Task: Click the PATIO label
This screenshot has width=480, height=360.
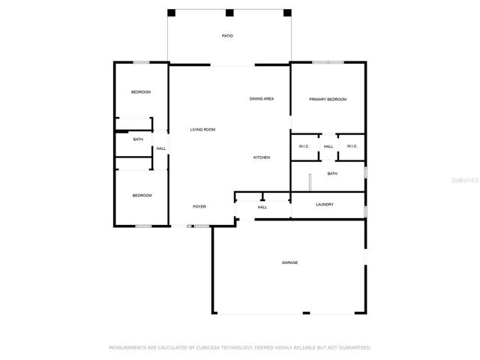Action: (227, 36)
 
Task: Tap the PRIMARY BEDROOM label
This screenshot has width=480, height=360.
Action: (328, 99)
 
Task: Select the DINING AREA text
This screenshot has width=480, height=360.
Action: (262, 98)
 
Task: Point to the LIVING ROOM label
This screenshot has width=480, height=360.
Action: (202, 130)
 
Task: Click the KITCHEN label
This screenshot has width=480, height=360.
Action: (262, 157)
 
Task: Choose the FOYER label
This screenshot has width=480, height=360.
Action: (199, 207)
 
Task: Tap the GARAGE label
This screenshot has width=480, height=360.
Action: (290, 262)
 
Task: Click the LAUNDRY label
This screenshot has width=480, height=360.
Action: (325, 204)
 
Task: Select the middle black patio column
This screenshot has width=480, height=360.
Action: (229, 13)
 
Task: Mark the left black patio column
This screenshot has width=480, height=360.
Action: (172, 13)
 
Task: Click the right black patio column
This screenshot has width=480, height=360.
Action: (287, 13)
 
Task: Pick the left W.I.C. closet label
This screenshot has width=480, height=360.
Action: (304, 146)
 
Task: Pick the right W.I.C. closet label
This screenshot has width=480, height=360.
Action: (352, 146)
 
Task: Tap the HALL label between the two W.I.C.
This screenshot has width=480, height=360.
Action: (328, 146)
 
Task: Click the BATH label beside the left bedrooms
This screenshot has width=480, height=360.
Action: (138, 139)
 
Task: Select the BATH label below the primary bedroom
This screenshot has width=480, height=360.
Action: (332, 173)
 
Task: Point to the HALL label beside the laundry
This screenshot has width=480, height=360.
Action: (262, 207)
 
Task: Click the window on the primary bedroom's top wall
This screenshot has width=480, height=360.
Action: (328, 62)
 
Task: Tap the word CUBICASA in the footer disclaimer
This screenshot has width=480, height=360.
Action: (208, 348)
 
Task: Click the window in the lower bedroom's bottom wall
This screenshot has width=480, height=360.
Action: (143, 226)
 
